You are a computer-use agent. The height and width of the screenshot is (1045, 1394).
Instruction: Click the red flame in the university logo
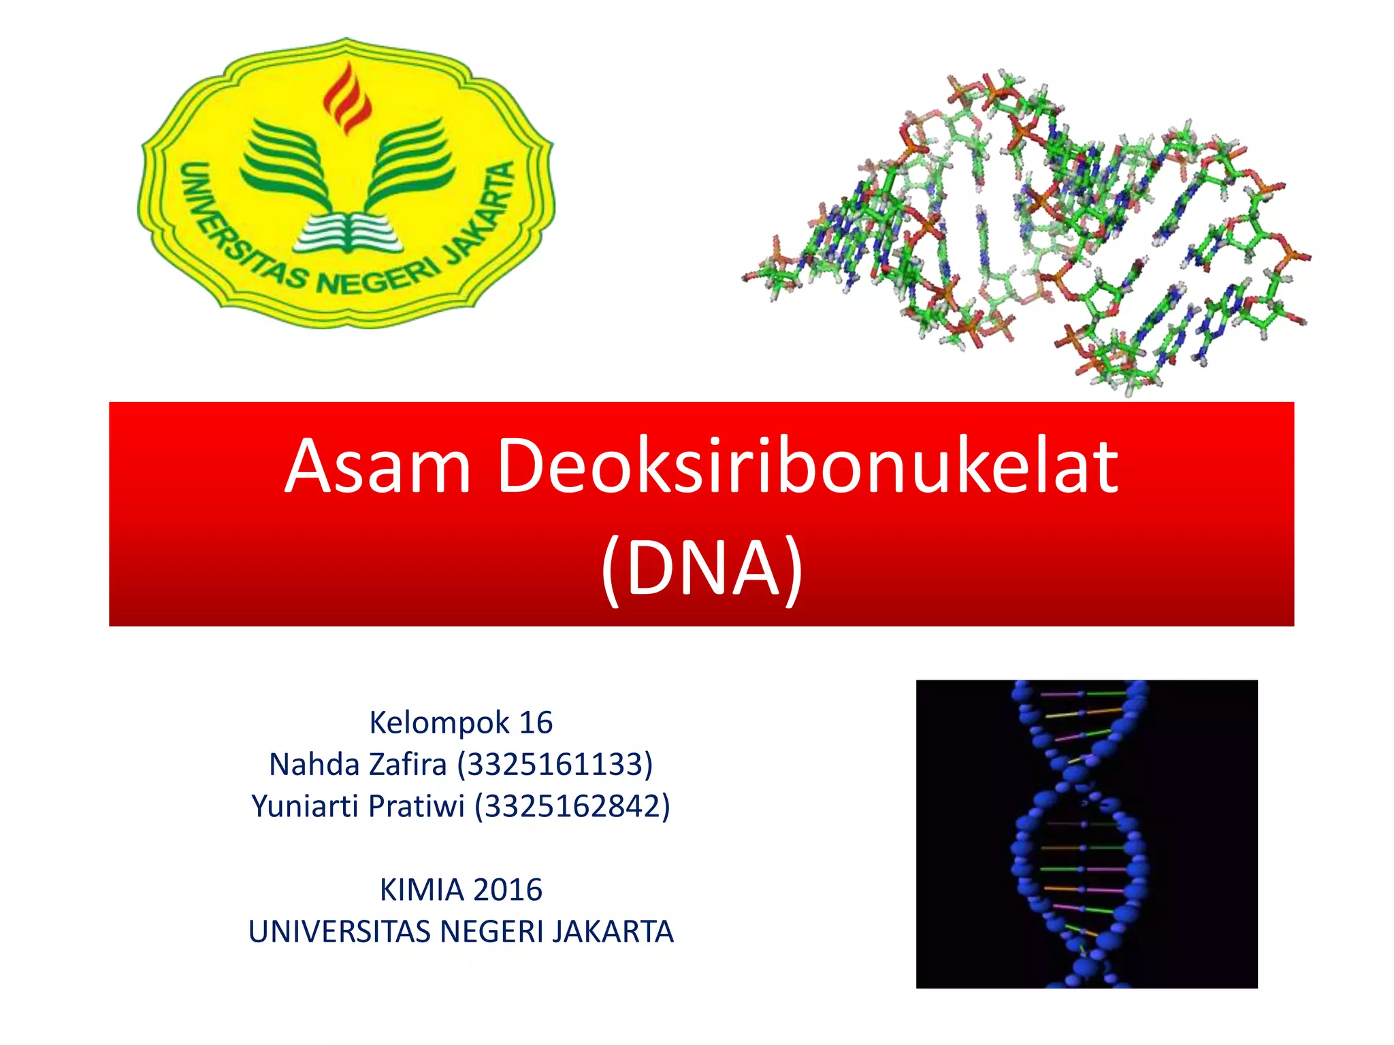[347, 99]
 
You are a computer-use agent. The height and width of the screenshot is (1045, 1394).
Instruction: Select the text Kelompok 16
[461, 723]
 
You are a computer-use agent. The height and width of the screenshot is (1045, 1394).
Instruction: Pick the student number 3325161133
[555, 765]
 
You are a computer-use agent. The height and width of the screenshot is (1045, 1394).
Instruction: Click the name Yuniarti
[305, 807]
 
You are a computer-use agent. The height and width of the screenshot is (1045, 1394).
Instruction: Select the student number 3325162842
[572, 807]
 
